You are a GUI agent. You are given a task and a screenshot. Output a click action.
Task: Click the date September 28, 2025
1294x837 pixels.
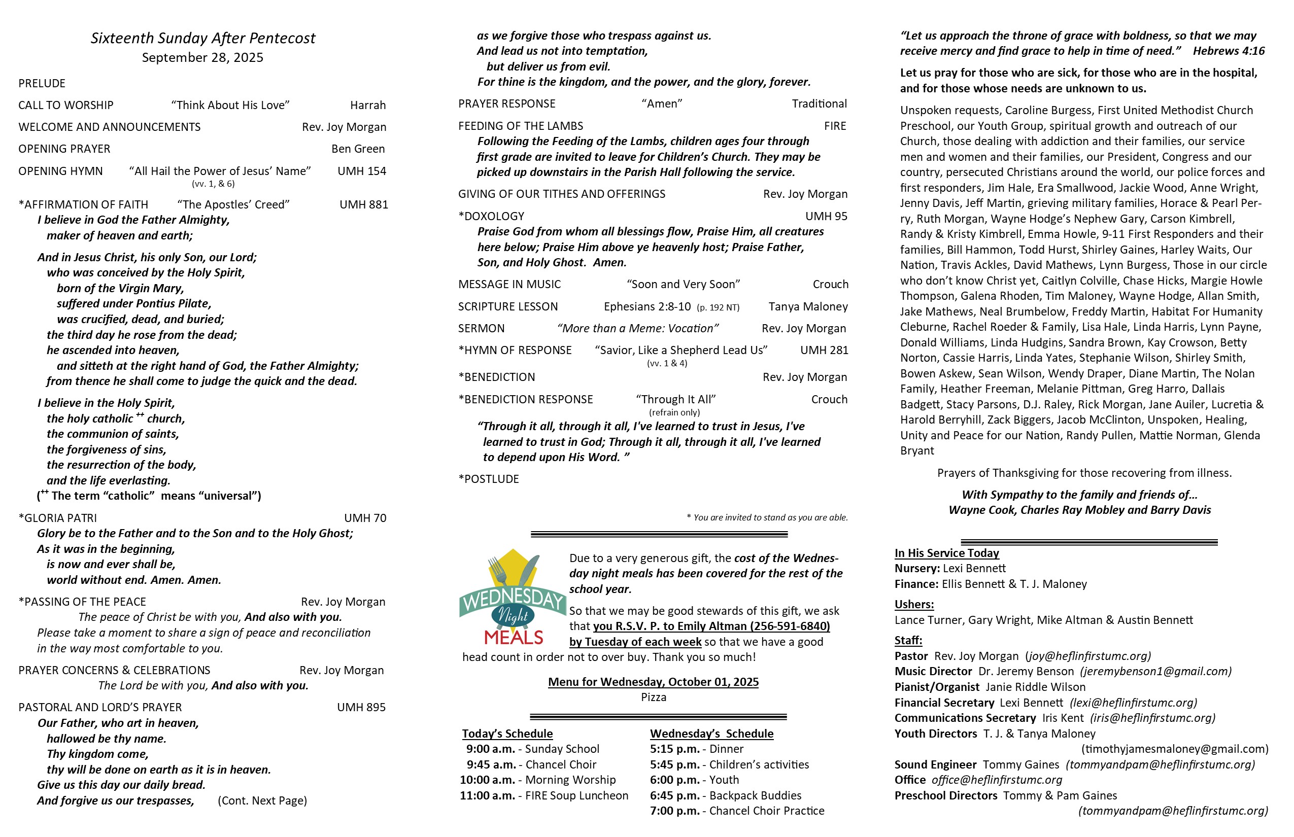point(202,58)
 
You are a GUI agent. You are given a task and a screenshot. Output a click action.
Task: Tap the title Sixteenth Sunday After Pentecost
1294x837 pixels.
point(202,38)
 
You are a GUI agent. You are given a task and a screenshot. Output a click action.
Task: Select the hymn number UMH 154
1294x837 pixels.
point(361,171)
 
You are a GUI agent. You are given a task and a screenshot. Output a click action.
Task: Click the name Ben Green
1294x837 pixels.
point(358,149)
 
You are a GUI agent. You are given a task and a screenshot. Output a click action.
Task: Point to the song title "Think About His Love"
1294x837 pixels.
point(230,106)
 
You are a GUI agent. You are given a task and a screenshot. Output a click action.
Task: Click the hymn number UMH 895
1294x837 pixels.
point(361,708)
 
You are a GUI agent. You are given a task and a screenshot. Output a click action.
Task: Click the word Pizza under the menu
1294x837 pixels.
point(653,698)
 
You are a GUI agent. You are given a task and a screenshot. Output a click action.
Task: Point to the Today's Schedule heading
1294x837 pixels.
point(507,734)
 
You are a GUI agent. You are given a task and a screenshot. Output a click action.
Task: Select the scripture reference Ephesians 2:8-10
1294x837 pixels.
point(647,306)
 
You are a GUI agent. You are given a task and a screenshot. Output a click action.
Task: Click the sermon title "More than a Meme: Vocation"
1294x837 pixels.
point(637,329)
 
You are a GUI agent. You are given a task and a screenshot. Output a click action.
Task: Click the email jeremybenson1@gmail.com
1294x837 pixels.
point(1155,672)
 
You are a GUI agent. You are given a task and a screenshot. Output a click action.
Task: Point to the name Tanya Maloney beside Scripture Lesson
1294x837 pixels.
point(808,306)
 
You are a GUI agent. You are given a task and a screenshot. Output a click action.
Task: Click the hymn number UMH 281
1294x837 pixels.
point(824,351)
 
